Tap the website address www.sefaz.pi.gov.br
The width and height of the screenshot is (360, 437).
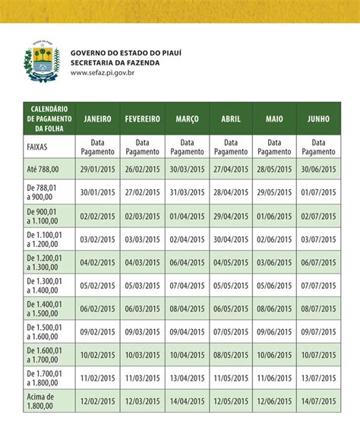click(103, 73)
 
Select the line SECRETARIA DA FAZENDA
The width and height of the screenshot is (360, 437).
click(115, 63)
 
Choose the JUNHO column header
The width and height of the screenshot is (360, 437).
click(319, 119)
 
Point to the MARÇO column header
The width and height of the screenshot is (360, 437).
click(187, 119)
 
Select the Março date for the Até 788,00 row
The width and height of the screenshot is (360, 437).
click(187, 170)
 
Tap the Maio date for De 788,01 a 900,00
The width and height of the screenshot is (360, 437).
click(275, 193)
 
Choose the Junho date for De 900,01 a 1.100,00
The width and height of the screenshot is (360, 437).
click(318, 216)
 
